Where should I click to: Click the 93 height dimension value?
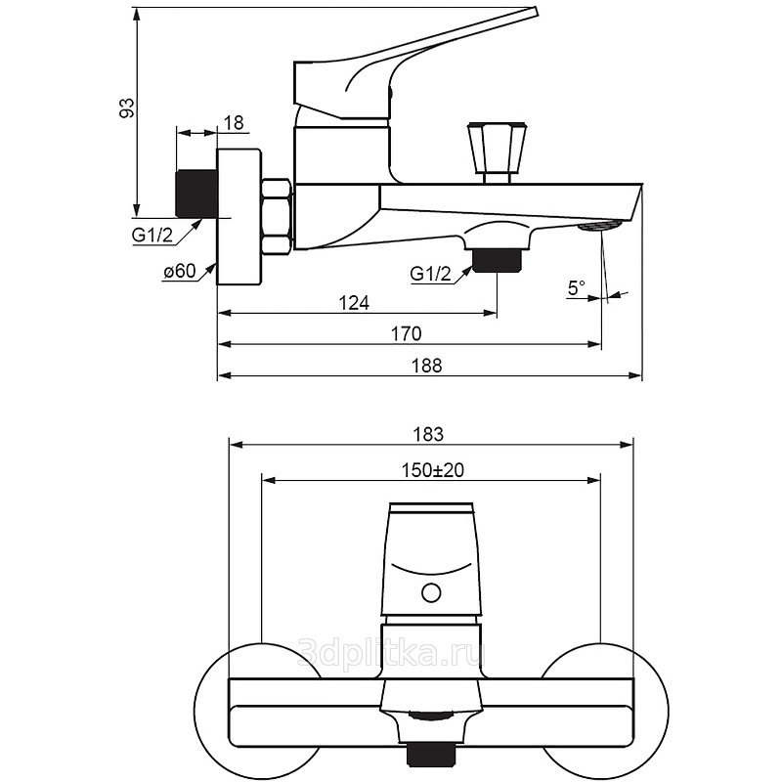(x=125, y=109)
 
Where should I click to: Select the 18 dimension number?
(x=234, y=122)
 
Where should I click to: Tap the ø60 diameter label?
(x=180, y=272)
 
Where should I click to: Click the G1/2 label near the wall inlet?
(x=152, y=235)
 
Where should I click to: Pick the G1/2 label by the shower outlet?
(x=431, y=275)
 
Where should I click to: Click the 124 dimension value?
(x=354, y=304)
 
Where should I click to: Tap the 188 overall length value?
(x=428, y=366)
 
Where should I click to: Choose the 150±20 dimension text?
(x=432, y=470)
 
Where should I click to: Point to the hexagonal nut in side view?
(x=277, y=215)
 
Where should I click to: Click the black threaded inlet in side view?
(x=195, y=194)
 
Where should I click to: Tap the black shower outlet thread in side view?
(x=499, y=259)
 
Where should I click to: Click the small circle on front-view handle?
(x=429, y=592)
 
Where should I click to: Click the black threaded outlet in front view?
(x=430, y=755)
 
